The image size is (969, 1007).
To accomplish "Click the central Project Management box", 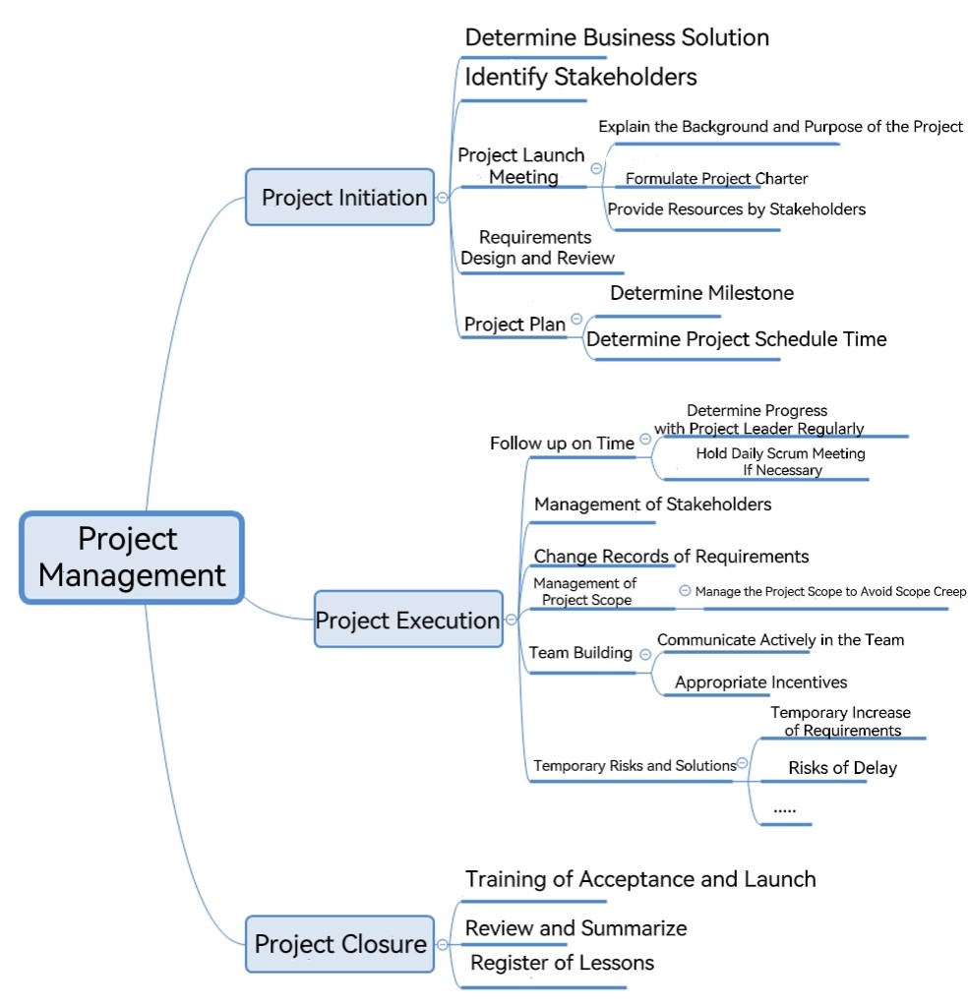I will [132, 557].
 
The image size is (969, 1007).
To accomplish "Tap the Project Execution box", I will [407, 620].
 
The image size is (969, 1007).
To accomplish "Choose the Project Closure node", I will [340, 944].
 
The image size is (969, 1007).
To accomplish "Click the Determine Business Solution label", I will [617, 38].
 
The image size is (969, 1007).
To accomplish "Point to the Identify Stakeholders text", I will [580, 77].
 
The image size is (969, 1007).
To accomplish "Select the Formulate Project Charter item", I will [716, 178].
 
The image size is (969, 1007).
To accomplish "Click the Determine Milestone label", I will [701, 293].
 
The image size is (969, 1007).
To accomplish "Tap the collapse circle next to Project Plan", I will [576, 318].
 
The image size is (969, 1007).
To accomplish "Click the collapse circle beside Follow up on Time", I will [644, 440].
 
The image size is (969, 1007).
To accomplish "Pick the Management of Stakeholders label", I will [652, 504].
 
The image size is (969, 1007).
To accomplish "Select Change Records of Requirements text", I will [671, 557].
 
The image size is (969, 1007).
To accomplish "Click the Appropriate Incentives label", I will [760, 682].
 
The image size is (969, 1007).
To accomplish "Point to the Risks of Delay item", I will [842, 767].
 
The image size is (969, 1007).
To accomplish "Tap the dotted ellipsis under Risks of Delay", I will [784, 808].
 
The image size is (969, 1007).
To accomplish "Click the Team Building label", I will [580, 653].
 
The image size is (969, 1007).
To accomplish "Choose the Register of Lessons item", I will [562, 963].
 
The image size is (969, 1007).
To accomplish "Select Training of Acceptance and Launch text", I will [640, 878].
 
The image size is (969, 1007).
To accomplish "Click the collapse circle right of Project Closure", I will [442, 944].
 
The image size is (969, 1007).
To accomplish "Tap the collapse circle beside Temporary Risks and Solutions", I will [743, 763].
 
